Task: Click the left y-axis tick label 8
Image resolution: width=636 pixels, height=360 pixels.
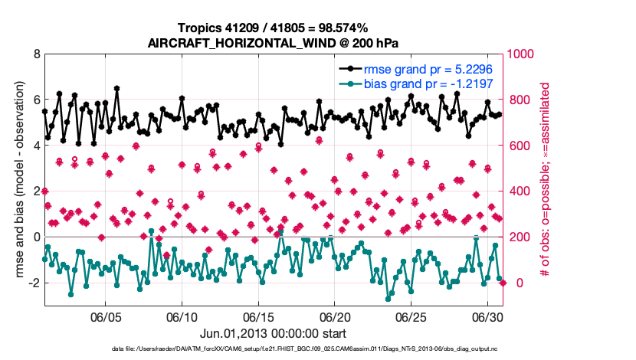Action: click(x=36, y=54)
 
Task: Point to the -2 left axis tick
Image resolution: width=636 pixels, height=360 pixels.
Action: click(x=33, y=283)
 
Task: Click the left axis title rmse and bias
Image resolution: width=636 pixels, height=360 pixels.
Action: click(x=15, y=180)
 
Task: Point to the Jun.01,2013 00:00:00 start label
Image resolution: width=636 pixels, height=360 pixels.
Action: click(x=273, y=334)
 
